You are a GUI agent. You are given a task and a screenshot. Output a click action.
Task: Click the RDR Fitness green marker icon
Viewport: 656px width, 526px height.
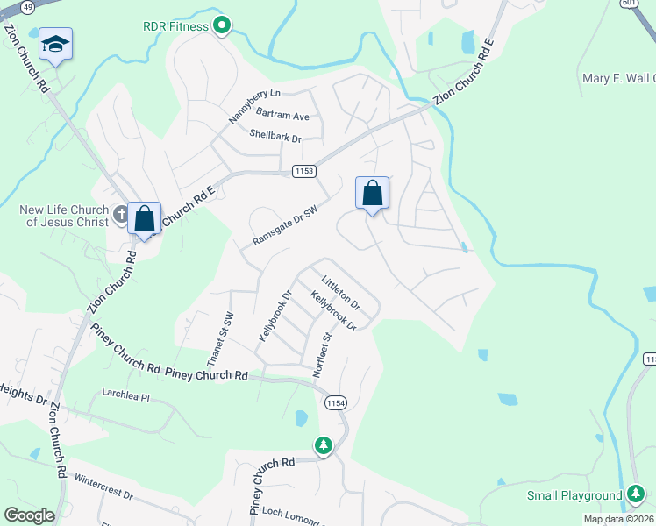point(222,26)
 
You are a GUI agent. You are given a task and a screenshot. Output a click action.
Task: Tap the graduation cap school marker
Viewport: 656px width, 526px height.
point(55,45)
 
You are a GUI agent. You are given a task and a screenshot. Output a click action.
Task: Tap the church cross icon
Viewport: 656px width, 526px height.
point(122,212)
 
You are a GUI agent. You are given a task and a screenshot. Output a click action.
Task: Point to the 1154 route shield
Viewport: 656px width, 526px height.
point(334,402)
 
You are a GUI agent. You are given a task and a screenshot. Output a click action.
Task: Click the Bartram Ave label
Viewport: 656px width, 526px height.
point(282,116)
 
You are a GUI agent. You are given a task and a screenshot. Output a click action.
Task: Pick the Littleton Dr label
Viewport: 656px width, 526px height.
point(341,293)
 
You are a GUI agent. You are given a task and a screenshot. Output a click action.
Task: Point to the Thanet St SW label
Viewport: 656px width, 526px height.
point(220,339)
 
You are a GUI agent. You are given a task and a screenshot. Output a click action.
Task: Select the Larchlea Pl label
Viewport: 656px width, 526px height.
point(126,395)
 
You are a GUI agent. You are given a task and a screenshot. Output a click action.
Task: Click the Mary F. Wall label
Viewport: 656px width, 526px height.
point(618,79)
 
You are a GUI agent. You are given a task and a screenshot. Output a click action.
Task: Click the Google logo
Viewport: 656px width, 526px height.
point(29,515)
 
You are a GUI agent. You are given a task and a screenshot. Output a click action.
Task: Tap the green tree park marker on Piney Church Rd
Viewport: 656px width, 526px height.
point(324,446)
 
